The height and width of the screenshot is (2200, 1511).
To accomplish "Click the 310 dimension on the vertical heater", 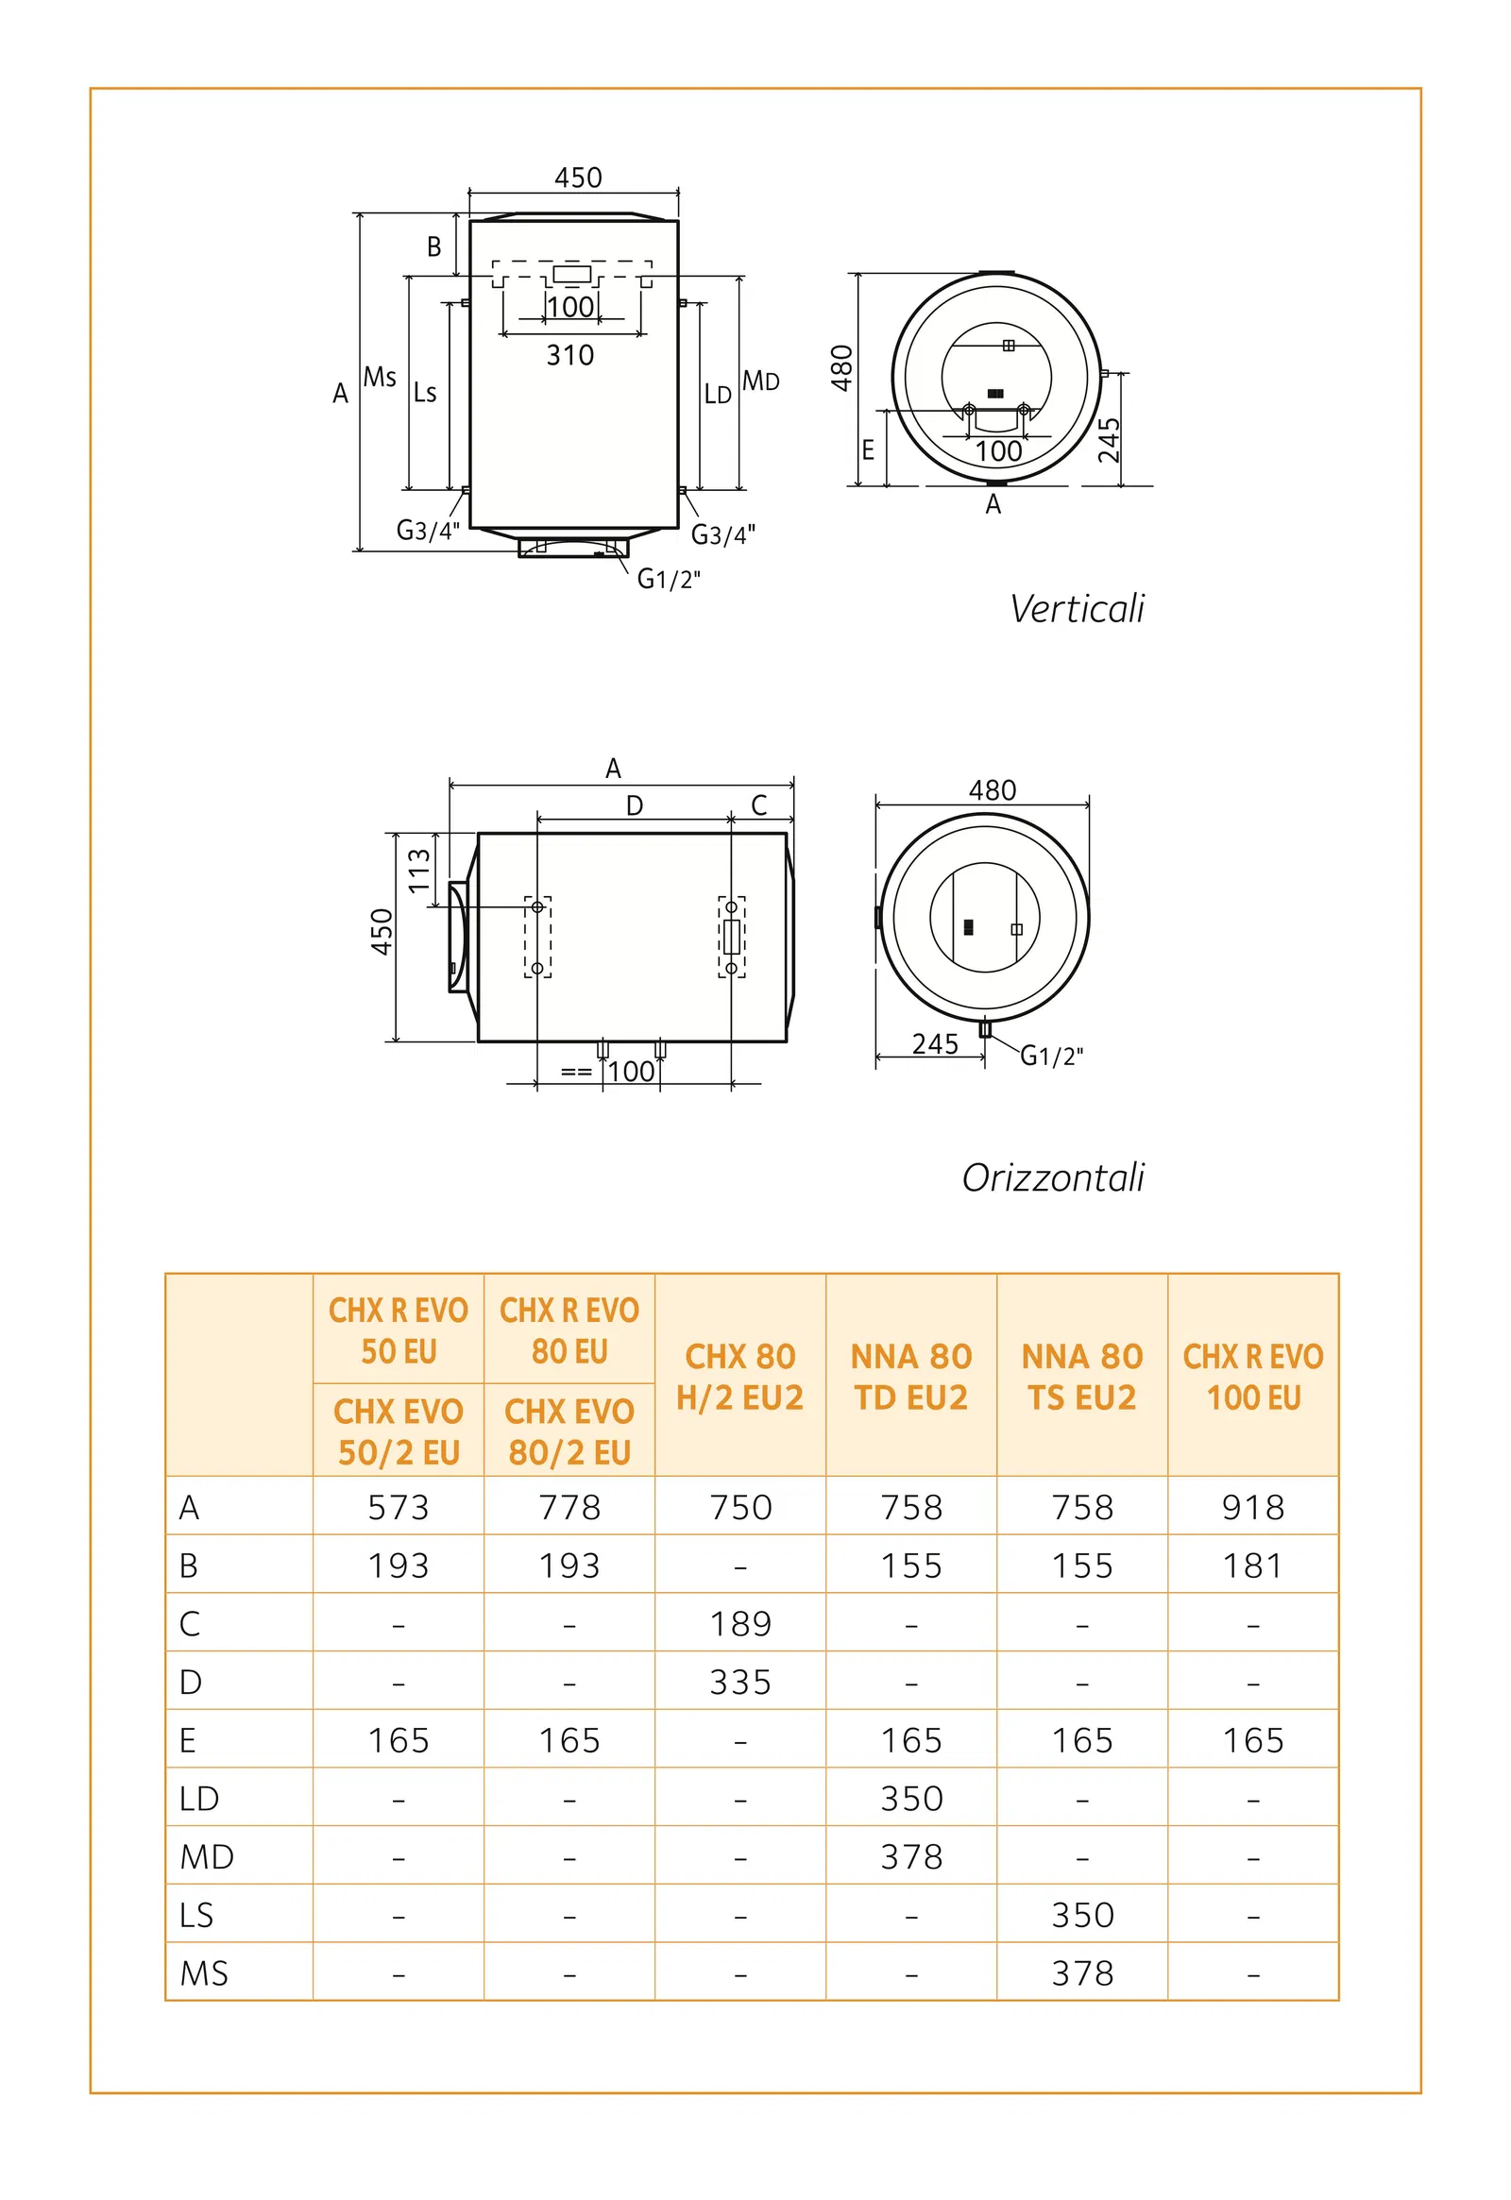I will coord(570,355).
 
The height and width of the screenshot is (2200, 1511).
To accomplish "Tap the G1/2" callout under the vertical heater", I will coord(669,579).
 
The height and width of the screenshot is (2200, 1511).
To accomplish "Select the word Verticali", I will coord(1077,609).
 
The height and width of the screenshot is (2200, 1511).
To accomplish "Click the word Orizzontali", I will coord(1053,1177).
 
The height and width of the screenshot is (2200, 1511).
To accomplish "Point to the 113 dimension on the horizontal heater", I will coord(418,870).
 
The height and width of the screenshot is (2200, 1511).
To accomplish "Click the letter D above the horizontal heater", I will coord(635,805).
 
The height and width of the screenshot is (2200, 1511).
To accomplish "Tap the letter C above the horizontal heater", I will coord(758,805).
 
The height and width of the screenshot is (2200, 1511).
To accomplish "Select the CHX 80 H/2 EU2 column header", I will coord(740,1377).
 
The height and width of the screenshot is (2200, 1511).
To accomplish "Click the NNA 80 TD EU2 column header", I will coord(910,1377).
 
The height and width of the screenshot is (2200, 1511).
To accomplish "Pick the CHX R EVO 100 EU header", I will coord(1252,1377).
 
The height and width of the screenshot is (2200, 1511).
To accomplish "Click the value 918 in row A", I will coord(1252,1507).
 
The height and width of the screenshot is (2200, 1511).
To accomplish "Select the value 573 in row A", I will coord(399,1507).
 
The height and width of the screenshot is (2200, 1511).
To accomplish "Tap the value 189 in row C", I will coord(740,1623).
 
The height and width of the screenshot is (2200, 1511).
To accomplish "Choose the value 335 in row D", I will coord(740,1683).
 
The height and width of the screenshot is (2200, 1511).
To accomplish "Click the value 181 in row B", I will coord(1252,1565).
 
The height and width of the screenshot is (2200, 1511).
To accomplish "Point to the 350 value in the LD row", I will coord(910,1799).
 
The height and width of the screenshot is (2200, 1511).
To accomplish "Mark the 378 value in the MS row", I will coord(1082,1972).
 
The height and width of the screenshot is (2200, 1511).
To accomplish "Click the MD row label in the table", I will coord(207,1856).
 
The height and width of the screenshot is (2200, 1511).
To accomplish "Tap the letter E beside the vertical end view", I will coord(867,449).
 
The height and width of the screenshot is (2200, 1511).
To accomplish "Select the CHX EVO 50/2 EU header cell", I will coord(399,1431).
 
